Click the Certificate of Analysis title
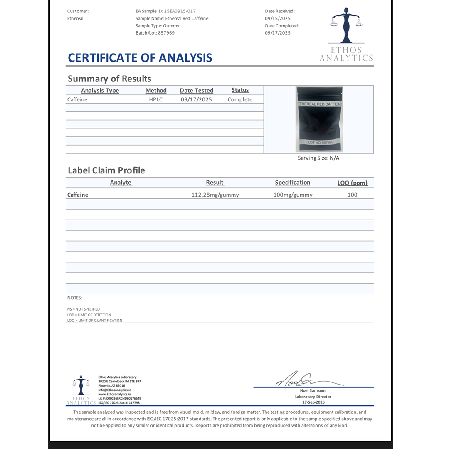coord(140,58)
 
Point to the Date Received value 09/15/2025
coord(278,18)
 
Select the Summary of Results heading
coord(109,79)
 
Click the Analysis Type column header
coord(100,90)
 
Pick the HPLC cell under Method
coord(156,100)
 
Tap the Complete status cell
coord(240,100)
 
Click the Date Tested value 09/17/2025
coord(196,100)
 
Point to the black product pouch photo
coord(319,119)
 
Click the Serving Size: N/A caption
coord(318,158)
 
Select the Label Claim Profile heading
coord(106,170)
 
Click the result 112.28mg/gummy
coord(215,195)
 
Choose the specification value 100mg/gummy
coord(293,195)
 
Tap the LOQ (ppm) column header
coord(352,183)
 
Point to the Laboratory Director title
coord(313,397)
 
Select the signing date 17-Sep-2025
coord(313,402)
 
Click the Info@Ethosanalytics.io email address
coord(115,390)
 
